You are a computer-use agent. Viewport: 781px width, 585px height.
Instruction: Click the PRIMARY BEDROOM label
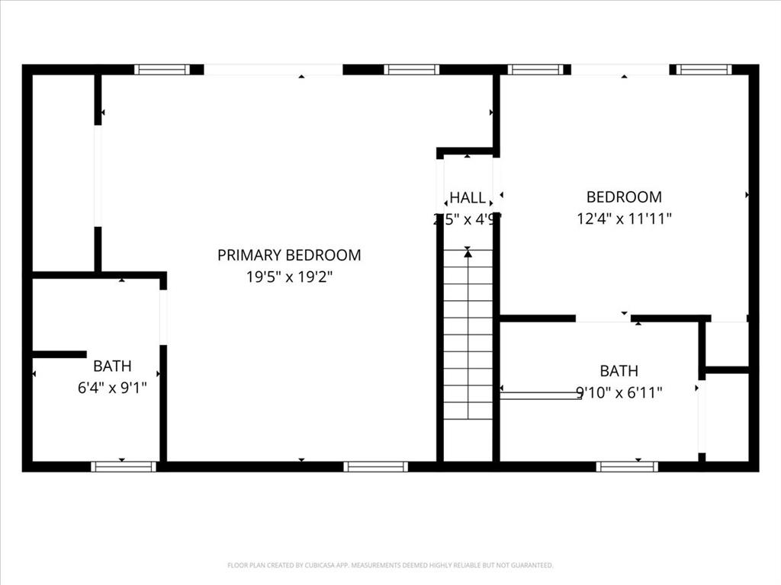(x=289, y=255)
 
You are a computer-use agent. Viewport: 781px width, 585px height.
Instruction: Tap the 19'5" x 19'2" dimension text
(x=289, y=277)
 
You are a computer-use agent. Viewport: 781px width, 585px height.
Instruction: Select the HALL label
(x=467, y=198)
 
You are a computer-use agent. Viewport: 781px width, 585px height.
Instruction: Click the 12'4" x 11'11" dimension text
(x=624, y=219)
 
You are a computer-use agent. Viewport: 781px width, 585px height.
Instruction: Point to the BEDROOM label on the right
(x=624, y=197)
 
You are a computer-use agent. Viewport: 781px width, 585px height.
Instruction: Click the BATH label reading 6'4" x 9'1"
(x=112, y=366)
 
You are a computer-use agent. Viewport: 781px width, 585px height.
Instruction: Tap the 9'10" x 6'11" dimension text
(x=619, y=393)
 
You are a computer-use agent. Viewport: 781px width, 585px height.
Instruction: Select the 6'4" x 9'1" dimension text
(x=112, y=388)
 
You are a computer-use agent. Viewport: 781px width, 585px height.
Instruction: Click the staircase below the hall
(x=468, y=335)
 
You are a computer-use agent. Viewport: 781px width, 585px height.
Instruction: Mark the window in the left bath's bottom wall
(x=123, y=466)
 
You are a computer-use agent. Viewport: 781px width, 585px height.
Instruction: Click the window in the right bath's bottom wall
(x=627, y=466)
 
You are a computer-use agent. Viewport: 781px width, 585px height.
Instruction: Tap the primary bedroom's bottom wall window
(x=375, y=466)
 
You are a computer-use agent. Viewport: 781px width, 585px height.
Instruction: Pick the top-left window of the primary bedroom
(x=162, y=69)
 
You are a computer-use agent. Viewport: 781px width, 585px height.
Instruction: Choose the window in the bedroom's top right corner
(x=704, y=69)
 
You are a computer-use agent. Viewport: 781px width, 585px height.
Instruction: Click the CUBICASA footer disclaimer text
(x=390, y=565)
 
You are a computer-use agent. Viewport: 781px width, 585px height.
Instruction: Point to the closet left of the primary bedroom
(x=63, y=171)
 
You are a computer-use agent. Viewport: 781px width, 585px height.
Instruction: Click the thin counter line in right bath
(x=541, y=395)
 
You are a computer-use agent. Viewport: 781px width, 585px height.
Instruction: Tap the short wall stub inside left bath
(x=59, y=354)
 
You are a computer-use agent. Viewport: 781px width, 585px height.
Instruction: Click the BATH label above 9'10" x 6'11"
(x=619, y=371)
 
